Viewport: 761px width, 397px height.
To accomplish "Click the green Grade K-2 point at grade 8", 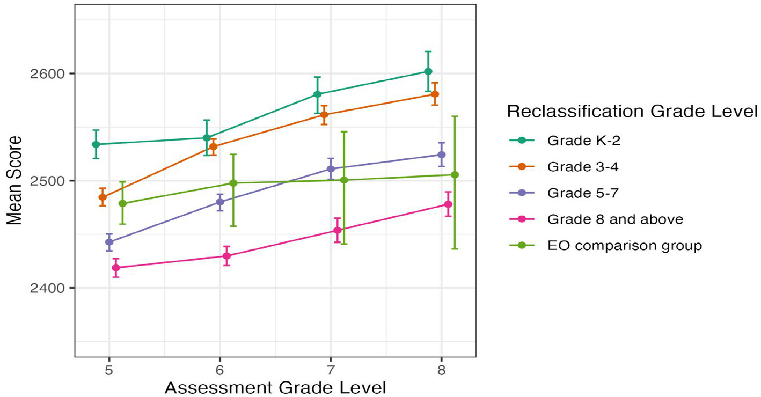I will [x=428, y=71].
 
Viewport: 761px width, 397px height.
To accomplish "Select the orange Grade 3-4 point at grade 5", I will [x=103, y=197].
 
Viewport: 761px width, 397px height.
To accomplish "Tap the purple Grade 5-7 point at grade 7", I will [x=331, y=169].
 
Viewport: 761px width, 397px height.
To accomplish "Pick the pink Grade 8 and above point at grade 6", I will [x=226, y=256].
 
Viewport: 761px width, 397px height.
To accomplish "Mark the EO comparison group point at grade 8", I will [x=455, y=175].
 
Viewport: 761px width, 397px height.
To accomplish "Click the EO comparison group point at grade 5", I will [x=122, y=203].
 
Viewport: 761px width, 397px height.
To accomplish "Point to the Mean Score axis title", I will [x=14, y=180].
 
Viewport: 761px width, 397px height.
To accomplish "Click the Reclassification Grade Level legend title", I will [x=632, y=112].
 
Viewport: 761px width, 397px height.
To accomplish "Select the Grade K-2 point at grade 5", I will [x=96, y=144].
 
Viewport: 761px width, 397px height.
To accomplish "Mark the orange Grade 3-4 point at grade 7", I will [x=324, y=115].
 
